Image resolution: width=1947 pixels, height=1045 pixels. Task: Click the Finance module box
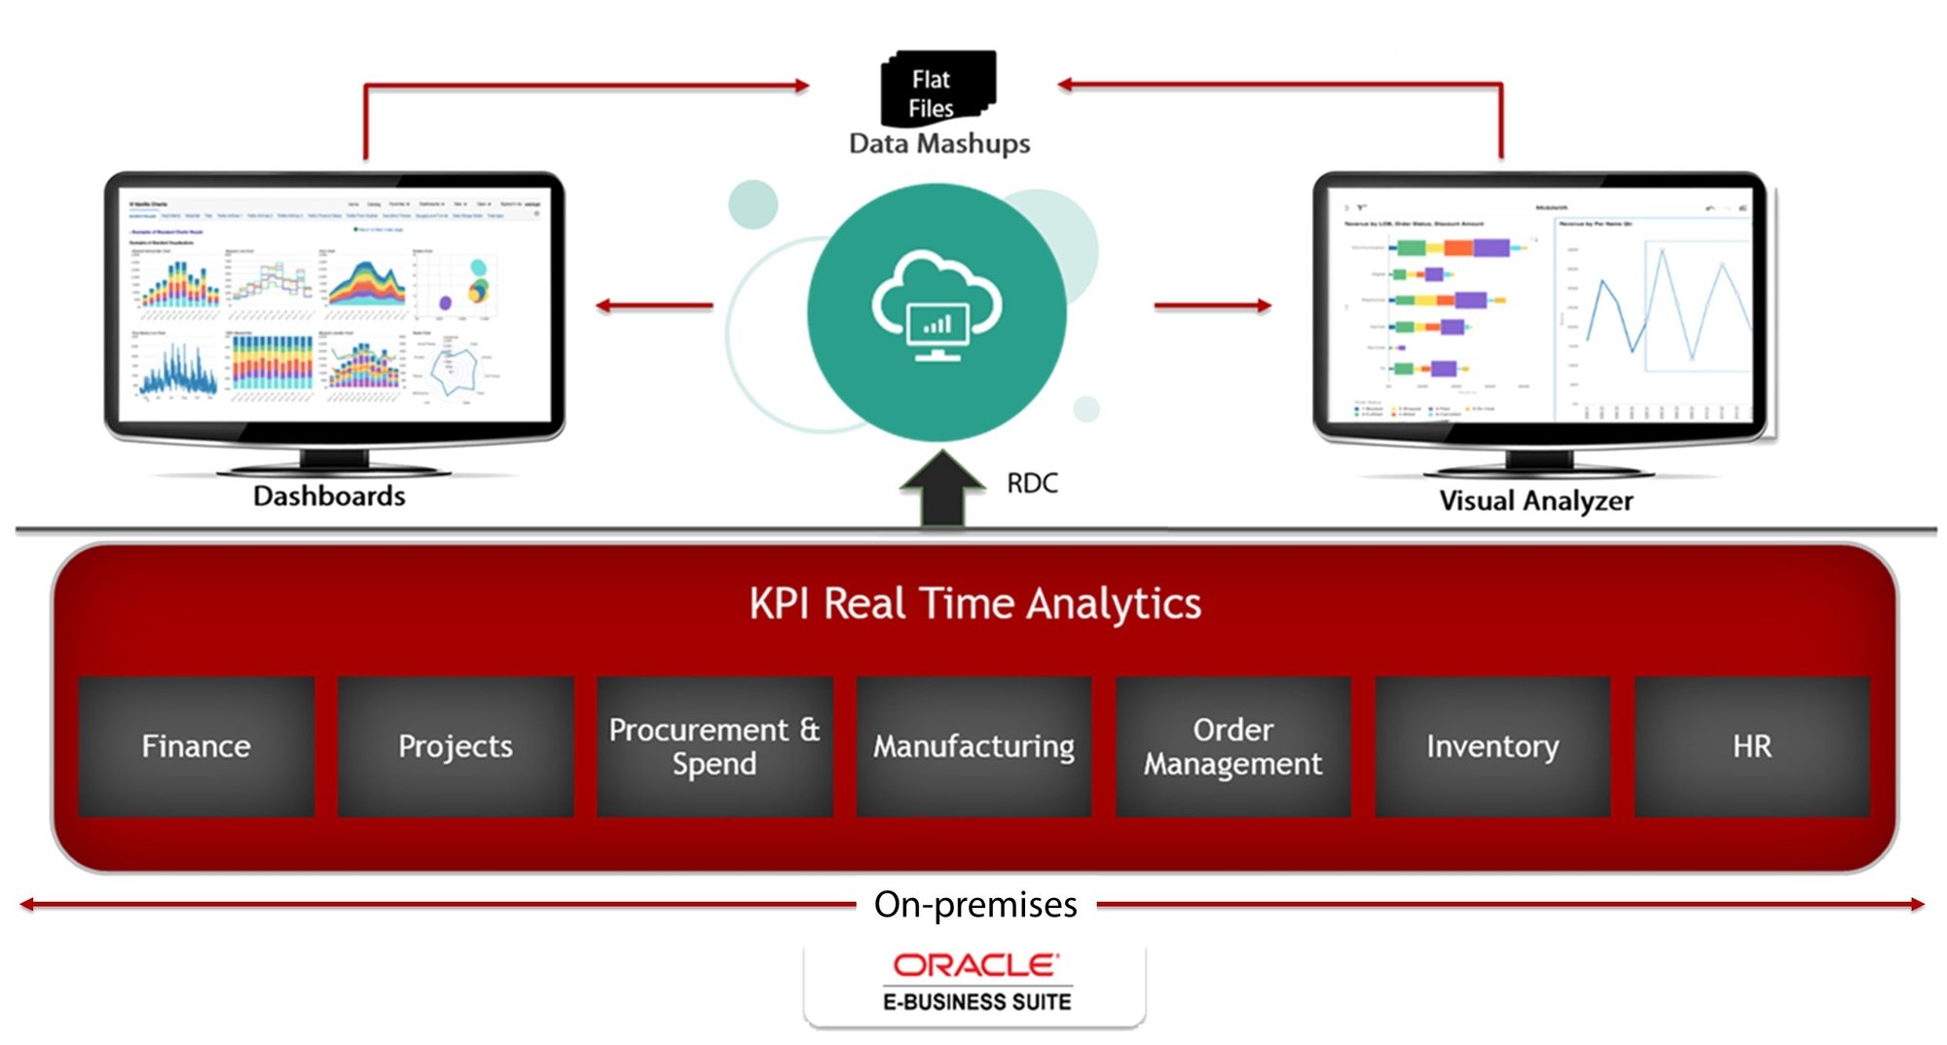(x=196, y=746)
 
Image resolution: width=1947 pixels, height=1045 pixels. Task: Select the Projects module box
(x=455, y=746)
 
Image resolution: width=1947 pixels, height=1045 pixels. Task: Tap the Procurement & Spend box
(x=715, y=746)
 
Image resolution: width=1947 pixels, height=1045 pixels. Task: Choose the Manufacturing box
(x=973, y=746)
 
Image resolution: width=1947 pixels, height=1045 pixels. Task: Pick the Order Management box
(x=1232, y=746)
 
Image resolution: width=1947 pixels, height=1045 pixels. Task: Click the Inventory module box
(x=1492, y=746)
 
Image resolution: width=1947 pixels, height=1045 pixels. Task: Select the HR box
(x=1751, y=746)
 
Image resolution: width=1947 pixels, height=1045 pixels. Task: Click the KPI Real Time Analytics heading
(x=974, y=603)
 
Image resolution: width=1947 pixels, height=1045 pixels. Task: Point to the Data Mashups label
(x=939, y=144)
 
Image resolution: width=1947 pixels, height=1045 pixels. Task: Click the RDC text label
(x=1032, y=484)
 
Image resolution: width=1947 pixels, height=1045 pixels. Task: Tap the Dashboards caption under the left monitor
(x=329, y=496)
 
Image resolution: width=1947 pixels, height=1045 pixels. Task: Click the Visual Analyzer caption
(x=1536, y=501)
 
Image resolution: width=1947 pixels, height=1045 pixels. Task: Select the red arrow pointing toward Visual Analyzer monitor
(x=1213, y=306)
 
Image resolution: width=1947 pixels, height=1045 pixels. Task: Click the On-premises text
(x=975, y=905)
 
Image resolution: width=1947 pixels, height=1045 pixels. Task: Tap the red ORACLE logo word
(x=975, y=965)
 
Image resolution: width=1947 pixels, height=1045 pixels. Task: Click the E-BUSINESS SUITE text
(x=976, y=1001)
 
